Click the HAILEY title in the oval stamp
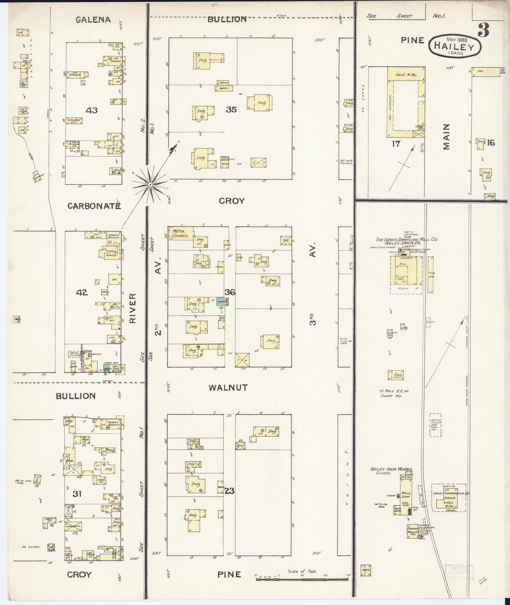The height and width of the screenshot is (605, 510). point(455,46)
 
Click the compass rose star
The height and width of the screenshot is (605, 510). point(150,184)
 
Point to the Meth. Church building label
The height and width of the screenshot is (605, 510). point(181,233)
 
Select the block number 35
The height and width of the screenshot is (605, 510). point(231,110)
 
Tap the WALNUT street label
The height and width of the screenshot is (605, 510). point(228,387)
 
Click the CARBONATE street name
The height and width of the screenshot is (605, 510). point(95,206)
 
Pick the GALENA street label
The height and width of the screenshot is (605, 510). point(93,20)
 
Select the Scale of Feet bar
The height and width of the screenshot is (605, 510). point(302,579)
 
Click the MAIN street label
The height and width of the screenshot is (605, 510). point(446,137)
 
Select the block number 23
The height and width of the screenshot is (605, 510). point(229,491)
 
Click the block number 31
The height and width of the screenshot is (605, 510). point(77,493)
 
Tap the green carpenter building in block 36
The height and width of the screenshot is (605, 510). point(223,301)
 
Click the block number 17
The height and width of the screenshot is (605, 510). point(396,144)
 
